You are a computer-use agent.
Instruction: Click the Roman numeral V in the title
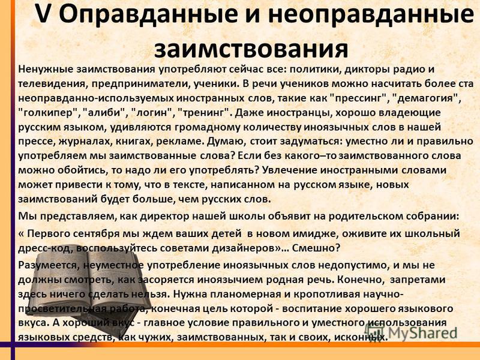click(43, 14)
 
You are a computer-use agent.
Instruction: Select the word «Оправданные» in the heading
click(148, 14)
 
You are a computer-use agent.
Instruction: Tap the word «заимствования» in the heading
click(251, 49)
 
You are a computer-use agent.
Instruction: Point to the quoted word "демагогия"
click(427, 98)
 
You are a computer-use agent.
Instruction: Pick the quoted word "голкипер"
click(48, 113)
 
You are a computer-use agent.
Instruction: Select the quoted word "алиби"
click(104, 112)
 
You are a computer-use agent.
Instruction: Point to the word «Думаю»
click(227, 142)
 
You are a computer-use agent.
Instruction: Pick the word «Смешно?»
click(316, 248)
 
